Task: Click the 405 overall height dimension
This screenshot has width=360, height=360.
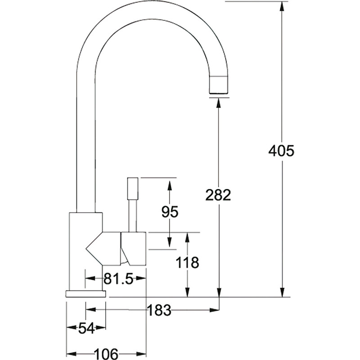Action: pos(281,151)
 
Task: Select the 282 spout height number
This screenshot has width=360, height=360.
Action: pos(218,195)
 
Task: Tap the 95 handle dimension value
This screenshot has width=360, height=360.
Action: pos(169,211)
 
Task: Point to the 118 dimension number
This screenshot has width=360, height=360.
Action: pos(188,263)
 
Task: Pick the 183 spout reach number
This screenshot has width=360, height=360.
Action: pos(159,310)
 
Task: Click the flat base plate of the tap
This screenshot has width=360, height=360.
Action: pos(86,294)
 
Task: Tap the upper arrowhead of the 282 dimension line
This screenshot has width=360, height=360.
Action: pos(219,102)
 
